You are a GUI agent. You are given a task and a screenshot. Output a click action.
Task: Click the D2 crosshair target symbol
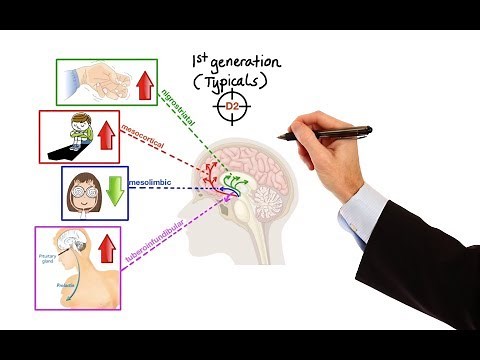231,105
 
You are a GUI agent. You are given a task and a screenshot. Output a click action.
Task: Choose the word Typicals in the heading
232,78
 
